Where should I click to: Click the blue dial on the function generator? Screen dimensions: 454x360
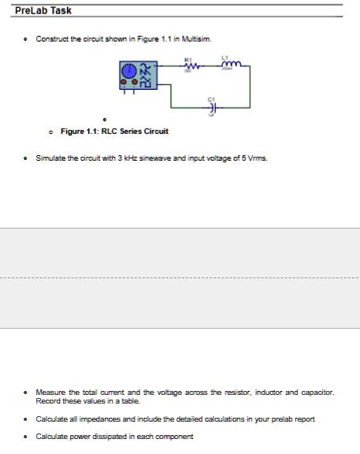[129, 72]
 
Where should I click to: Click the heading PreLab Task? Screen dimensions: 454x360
[43, 10]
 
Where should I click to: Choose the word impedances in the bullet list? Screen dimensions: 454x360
[117, 419]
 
